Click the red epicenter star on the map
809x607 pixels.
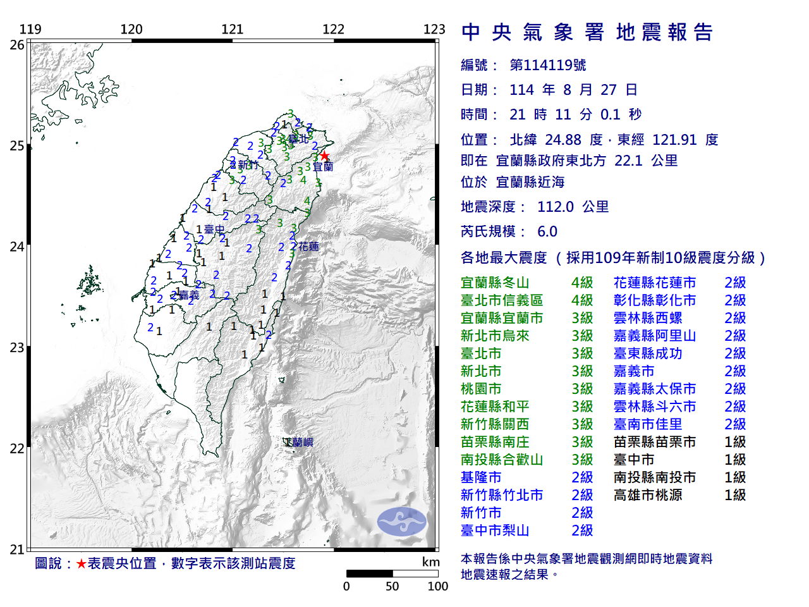coord(324,156)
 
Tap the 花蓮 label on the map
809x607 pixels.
coord(308,247)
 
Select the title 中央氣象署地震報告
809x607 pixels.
coord(587,32)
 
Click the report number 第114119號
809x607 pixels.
coord(547,65)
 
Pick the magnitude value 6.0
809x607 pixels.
coord(547,231)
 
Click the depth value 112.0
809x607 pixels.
coord(555,207)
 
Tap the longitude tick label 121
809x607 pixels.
coord(232,29)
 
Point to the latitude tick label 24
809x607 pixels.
coord(17,247)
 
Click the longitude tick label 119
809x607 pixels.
coord(30,29)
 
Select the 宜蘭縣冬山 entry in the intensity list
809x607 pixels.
coord(495,283)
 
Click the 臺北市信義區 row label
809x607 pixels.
coord(502,300)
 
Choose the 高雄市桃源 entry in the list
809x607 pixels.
coord(648,495)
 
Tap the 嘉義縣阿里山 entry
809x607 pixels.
coord(655,336)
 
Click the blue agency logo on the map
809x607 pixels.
coord(401,522)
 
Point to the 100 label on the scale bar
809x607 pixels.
coord(437,586)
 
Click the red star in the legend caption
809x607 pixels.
coord(81,563)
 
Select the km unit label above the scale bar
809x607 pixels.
coord(430,562)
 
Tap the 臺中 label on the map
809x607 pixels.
coord(214,230)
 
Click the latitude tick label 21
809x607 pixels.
coord(17,549)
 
